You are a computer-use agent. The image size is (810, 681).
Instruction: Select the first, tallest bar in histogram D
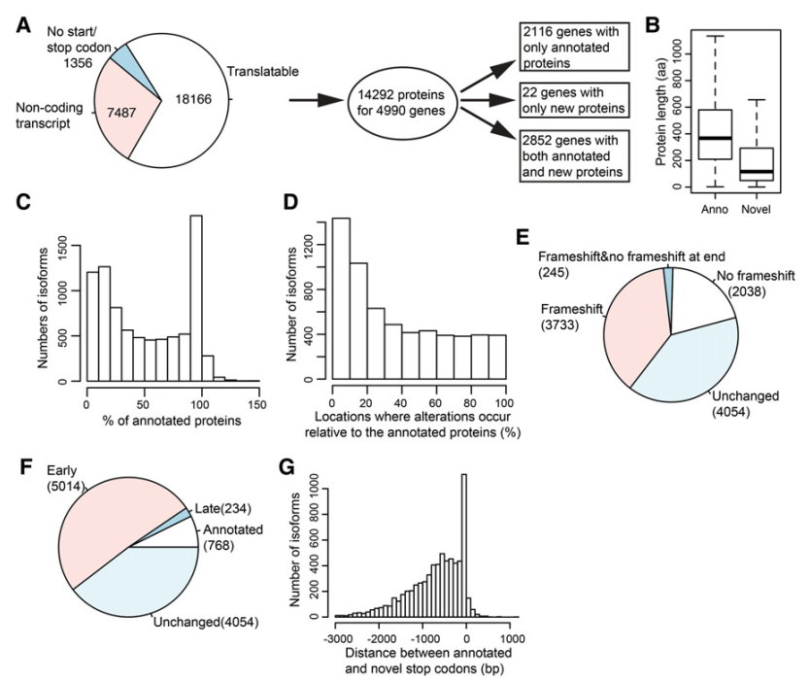click(x=341, y=299)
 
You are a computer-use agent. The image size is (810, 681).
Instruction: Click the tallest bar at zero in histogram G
click(x=465, y=545)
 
